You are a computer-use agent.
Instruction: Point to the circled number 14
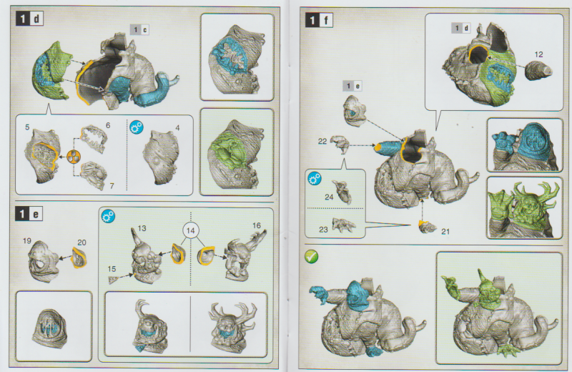(x=189, y=230)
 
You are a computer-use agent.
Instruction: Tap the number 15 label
(x=112, y=268)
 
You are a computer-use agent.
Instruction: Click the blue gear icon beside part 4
(x=137, y=127)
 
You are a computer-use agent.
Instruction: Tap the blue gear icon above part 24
(x=314, y=177)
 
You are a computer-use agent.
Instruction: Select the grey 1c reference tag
(x=139, y=29)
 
